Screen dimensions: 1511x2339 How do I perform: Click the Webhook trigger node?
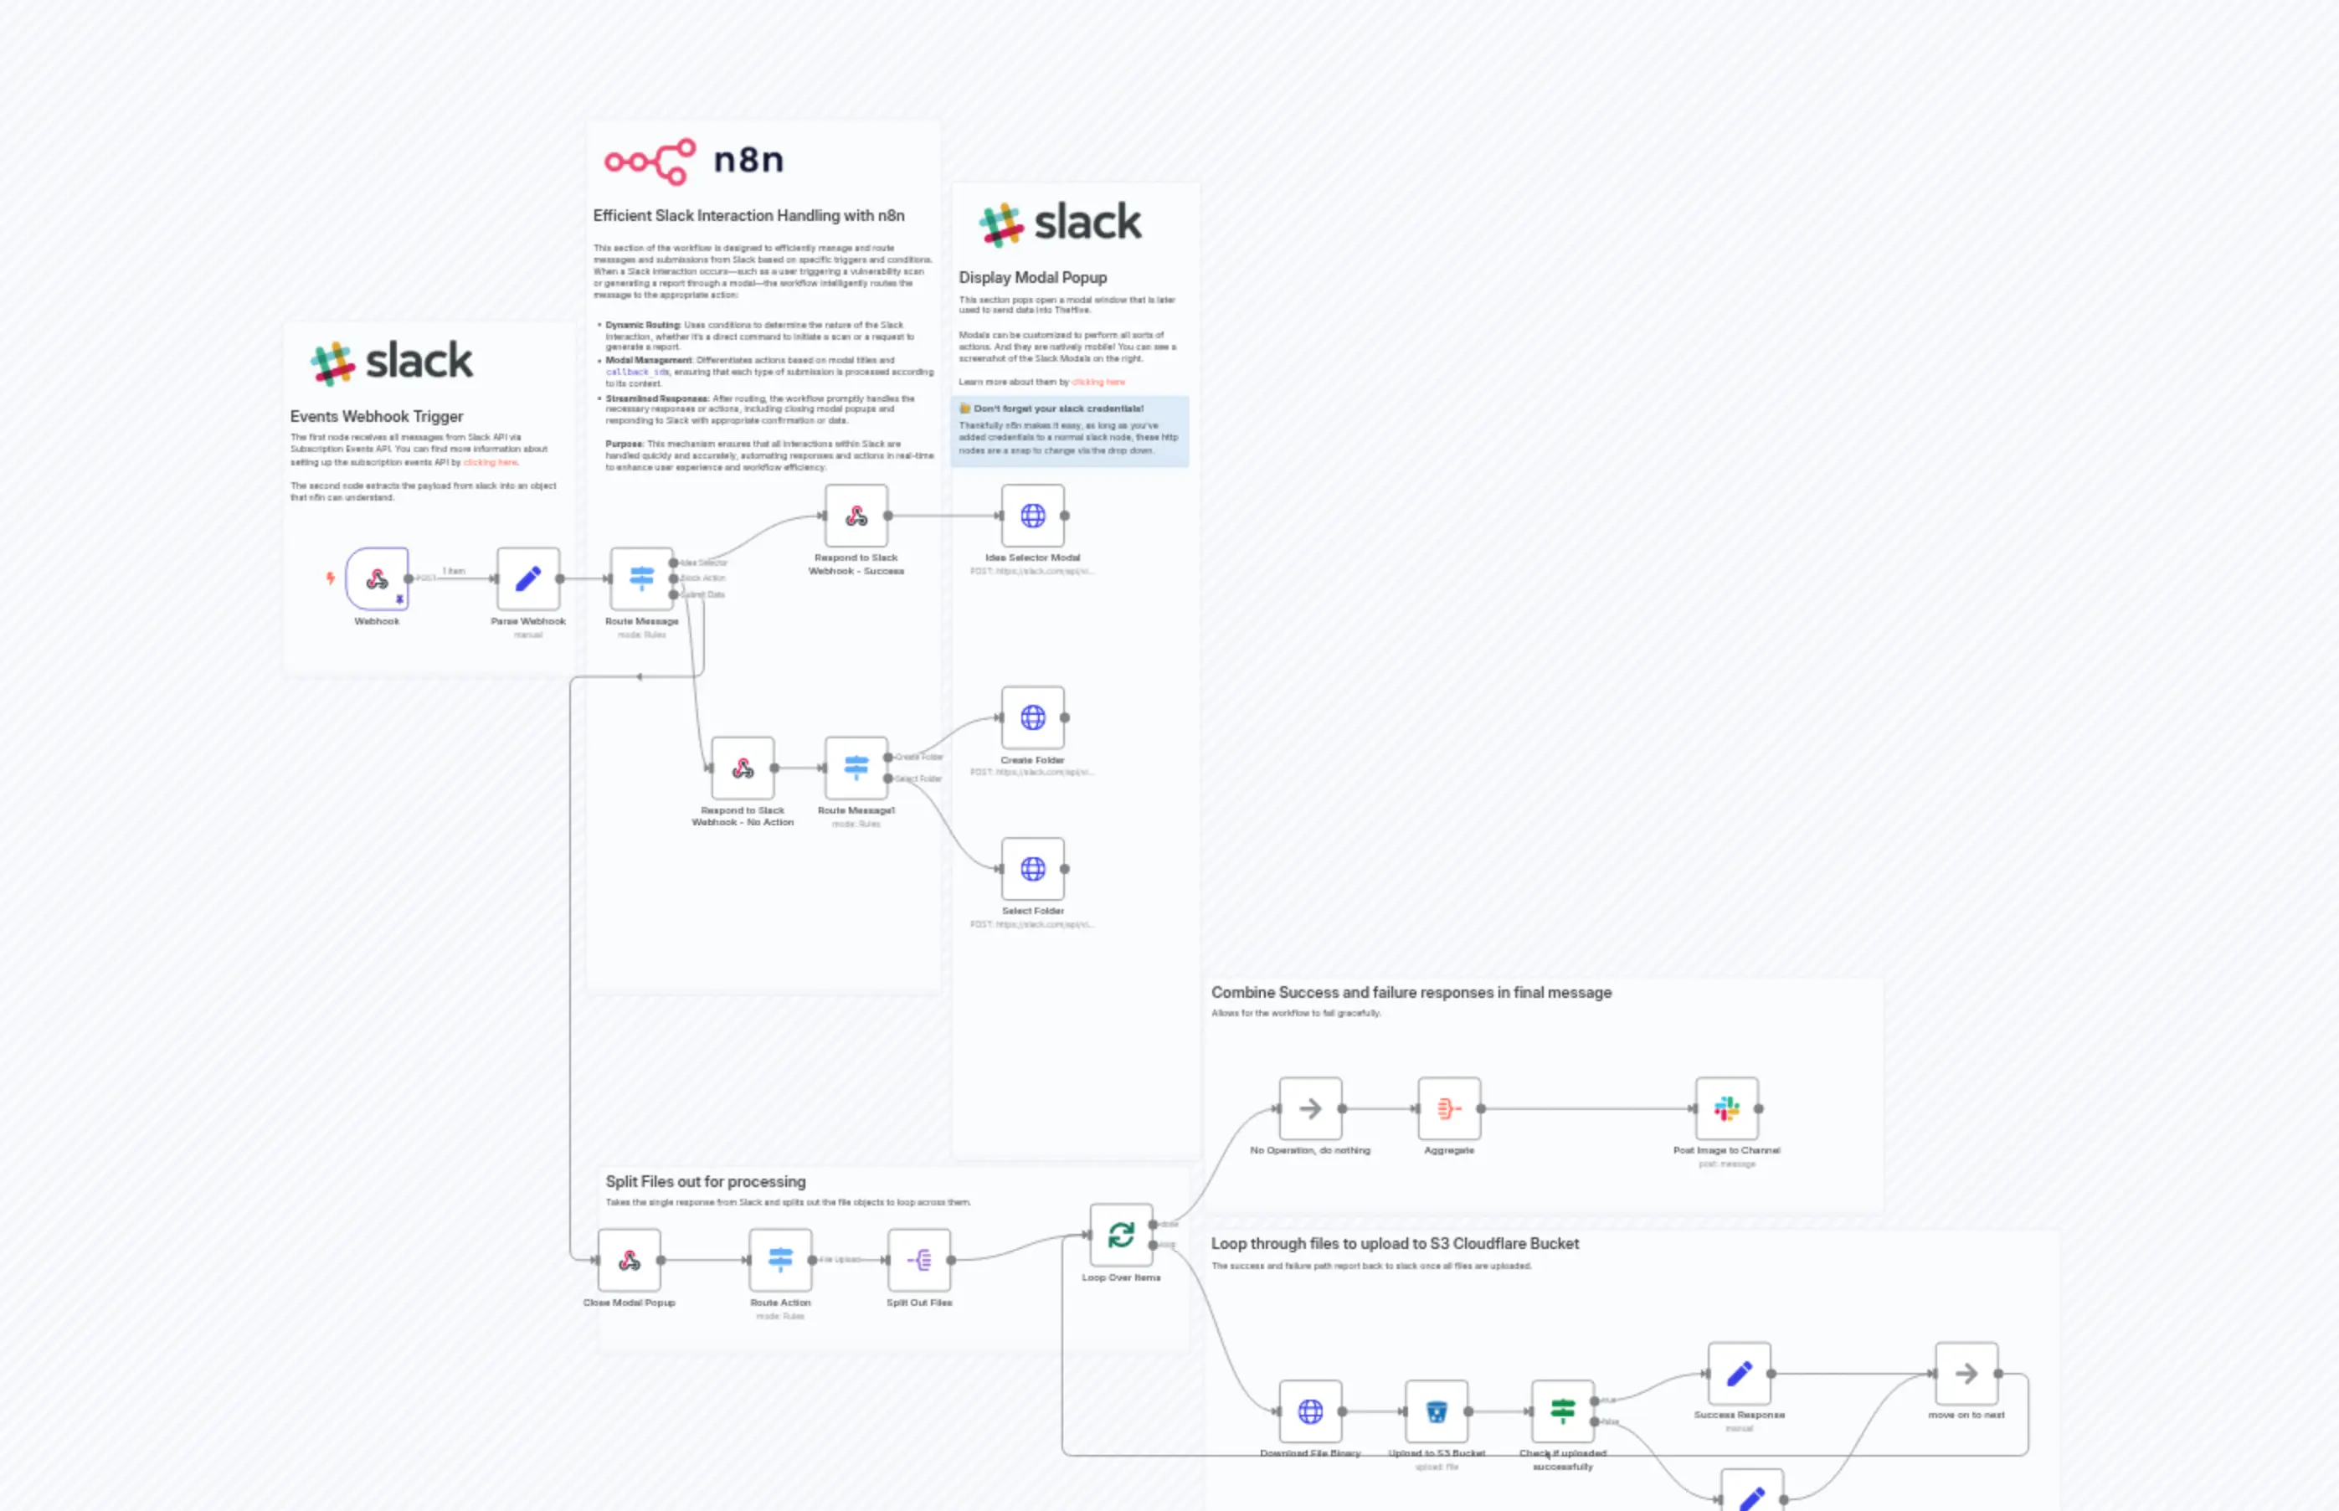[377, 579]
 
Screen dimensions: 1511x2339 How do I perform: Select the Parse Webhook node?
[528, 579]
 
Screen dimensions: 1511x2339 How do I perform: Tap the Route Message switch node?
[641, 579]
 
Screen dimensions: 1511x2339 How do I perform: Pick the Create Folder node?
[1032, 718]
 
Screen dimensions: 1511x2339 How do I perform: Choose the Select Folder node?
[1032, 869]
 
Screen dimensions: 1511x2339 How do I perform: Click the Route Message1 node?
[856, 768]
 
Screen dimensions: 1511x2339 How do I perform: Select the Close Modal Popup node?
[629, 1261]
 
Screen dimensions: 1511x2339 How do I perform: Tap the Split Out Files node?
[919, 1261]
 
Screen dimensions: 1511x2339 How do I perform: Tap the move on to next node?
[1966, 1375]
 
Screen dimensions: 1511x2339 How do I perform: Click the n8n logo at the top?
[695, 161]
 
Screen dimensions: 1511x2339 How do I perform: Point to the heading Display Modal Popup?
[1032, 278]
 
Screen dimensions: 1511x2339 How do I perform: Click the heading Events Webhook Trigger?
[377, 417]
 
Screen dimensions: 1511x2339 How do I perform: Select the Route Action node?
[780, 1261]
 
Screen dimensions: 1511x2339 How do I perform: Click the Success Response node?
[1739, 1375]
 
